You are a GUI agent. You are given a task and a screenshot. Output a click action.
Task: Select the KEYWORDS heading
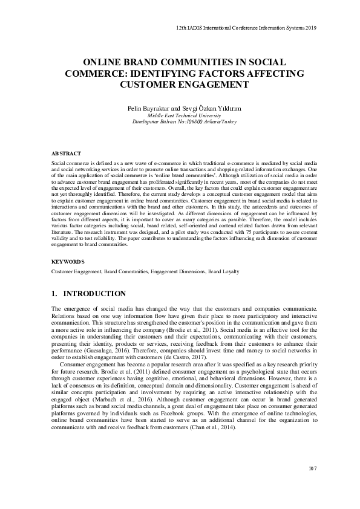point(68,261)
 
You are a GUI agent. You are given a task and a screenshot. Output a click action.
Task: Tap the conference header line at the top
point(246,28)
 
